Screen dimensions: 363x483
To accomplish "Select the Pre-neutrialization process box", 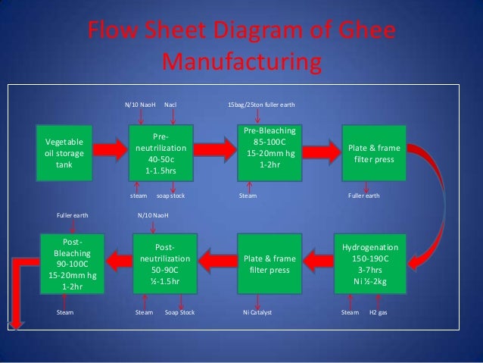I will [x=159, y=155].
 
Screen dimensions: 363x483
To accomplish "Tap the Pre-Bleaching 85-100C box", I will [x=268, y=149].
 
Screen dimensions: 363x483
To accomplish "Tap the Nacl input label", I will [x=172, y=105].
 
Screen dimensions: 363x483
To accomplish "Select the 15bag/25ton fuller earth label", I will [x=261, y=105].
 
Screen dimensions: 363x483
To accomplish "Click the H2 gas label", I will [x=378, y=311].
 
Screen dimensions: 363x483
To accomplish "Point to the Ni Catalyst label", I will [x=257, y=311].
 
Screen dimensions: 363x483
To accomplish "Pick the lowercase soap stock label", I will [x=170, y=196].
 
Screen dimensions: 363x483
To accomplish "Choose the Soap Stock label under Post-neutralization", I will [x=179, y=311].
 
